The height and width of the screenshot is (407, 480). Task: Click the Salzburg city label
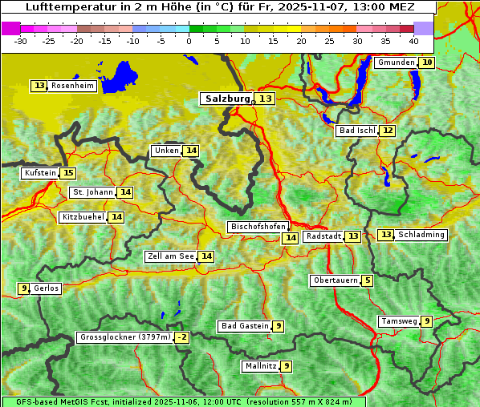[x=227, y=99]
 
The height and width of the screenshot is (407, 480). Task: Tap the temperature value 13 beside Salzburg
[x=266, y=99]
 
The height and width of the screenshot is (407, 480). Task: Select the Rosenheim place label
[x=72, y=86]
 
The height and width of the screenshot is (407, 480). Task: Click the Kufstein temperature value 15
[x=68, y=173]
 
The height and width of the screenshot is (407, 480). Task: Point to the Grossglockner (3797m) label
[x=125, y=338]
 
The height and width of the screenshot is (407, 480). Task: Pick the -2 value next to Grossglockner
[x=182, y=338]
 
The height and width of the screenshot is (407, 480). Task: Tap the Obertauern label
[x=335, y=280]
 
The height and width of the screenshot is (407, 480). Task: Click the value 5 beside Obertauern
[x=367, y=280]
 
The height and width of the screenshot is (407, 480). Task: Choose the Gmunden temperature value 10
[x=427, y=62]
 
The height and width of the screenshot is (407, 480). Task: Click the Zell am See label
[x=170, y=256]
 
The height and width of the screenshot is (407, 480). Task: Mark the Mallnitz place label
[x=259, y=366]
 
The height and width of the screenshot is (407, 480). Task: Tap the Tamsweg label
[x=398, y=321]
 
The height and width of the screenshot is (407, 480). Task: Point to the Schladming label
[x=421, y=235]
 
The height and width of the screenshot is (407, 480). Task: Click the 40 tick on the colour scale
[x=413, y=41]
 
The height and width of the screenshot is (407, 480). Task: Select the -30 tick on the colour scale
[x=21, y=41]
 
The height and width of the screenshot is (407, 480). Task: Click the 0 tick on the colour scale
[x=189, y=41]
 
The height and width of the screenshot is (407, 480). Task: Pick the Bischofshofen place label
[x=257, y=228]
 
